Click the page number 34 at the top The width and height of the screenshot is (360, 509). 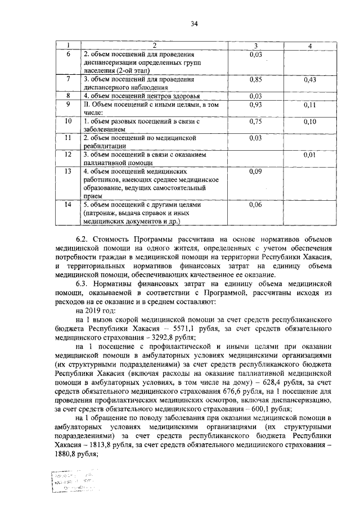[x=195, y=23]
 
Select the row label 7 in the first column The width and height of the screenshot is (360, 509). [x=68, y=80]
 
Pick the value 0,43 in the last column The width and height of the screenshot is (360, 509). [x=310, y=80]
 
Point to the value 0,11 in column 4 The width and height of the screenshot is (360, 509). [x=310, y=105]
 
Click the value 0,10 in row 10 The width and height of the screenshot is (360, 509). [x=310, y=121]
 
